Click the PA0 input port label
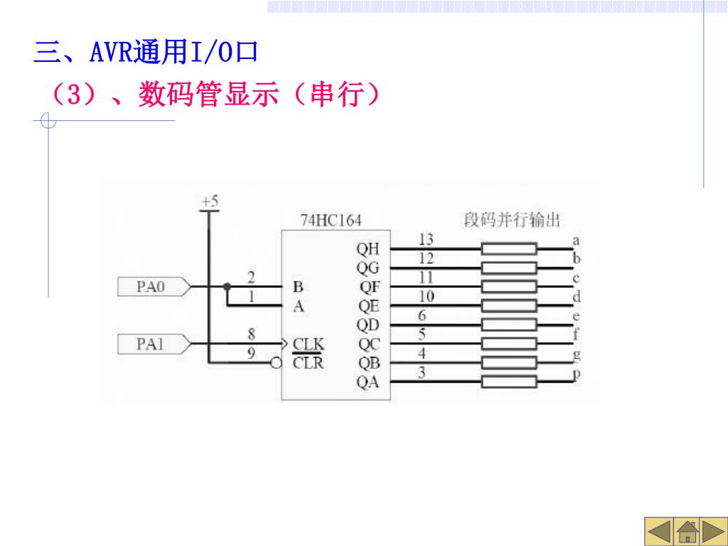point(150,287)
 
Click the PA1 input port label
point(150,345)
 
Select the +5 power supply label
point(210,202)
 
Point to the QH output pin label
point(368,250)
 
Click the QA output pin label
point(368,382)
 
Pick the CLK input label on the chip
point(309,345)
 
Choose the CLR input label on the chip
point(309,363)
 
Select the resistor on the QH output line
point(509,249)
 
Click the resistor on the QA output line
point(509,382)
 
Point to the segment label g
point(576,354)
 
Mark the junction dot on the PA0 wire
point(227,287)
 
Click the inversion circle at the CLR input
point(277,363)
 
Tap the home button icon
point(686,532)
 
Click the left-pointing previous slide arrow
point(659,532)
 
